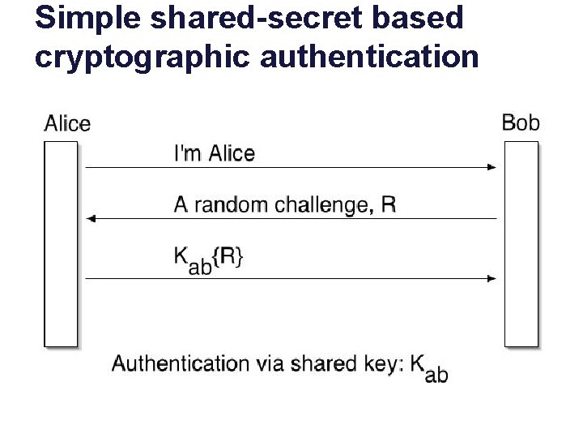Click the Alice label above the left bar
click(x=67, y=124)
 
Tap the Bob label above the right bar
click(x=521, y=122)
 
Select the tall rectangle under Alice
click(x=61, y=243)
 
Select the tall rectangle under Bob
click(x=521, y=243)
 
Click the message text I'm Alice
click(x=215, y=153)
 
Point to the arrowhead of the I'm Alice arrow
click(x=492, y=167)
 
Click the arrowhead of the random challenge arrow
click(x=91, y=218)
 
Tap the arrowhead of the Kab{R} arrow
click(x=492, y=278)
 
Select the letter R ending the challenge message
click(x=389, y=204)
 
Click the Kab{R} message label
click(x=209, y=259)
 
